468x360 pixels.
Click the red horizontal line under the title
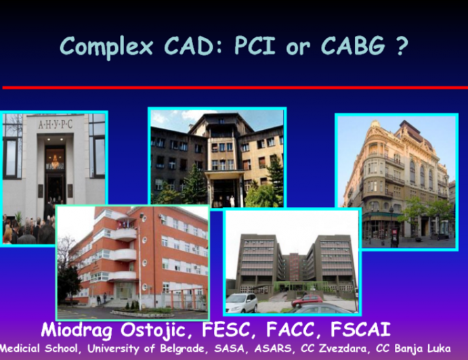point(234,87)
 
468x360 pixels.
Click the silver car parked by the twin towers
point(241,302)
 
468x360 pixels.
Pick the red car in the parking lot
point(307,299)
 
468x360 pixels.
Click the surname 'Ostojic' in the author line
point(149,331)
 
